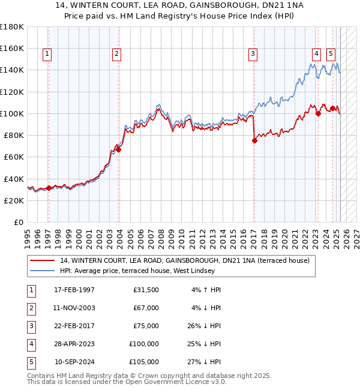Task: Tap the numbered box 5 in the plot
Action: tap(331, 53)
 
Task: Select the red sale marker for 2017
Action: tap(254, 141)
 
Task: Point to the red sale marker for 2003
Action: tap(119, 150)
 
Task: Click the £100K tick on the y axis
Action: tap(12, 113)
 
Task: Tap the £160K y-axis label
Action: tap(12, 48)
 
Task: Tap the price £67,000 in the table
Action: tap(146, 308)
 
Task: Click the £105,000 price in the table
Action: tap(144, 362)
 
